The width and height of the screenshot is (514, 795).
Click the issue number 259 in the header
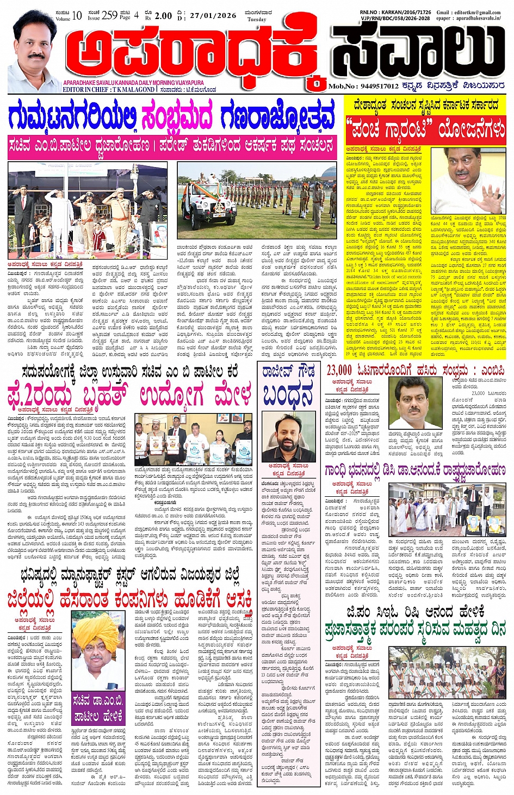(x=109, y=15)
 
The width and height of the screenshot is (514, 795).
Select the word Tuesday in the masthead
(x=257, y=20)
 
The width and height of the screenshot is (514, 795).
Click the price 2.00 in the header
(x=163, y=16)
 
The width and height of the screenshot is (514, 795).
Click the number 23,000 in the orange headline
(x=339, y=371)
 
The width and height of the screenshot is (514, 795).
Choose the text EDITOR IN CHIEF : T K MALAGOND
(x=108, y=90)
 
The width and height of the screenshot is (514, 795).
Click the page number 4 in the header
(x=137, y=15)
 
